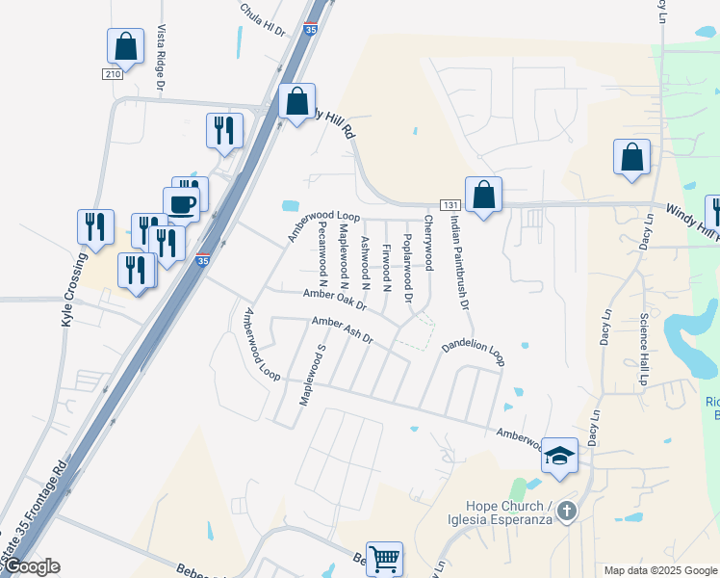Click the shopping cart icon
click(x=384, y=558)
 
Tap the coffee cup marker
click(x=183, y=203)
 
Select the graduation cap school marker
click(x=558, y=455)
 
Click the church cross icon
click(x=567, y=510)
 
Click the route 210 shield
click(x=113, y=73)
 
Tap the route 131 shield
click(x=450, y=205)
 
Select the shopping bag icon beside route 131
click(x=483, y=195)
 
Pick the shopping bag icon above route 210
click(x=125, y=45)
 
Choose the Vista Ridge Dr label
click(x=162, y=59)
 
